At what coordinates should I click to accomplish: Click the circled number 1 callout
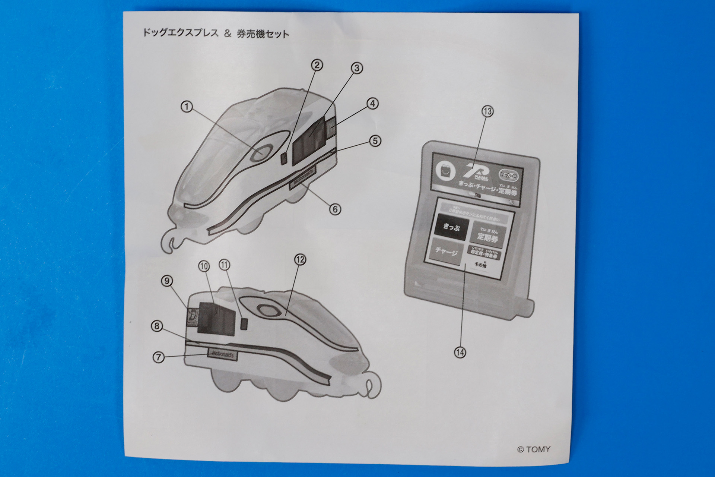coord(187,107)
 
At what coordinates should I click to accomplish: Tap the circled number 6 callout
coord(335,209)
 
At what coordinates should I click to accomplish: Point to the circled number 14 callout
coord(460,352)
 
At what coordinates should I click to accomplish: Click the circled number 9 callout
coord(167,281)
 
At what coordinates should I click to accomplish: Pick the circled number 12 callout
coord(300,259)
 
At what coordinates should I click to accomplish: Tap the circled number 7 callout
coord(159,357)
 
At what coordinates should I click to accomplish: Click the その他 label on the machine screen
coord(480,265)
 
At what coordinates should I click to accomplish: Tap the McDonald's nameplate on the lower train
coord(222,355)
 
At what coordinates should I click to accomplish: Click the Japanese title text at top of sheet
coord(216,34)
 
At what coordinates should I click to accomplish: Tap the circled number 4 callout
coord(373,104)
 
